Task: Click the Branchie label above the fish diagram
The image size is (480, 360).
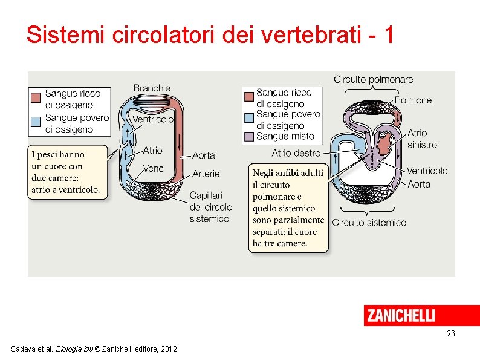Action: pos(152,88)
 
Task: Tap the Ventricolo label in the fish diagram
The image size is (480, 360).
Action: pos(153,119)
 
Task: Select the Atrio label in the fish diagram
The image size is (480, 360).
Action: pos(152,150)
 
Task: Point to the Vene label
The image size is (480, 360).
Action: pos(153,168)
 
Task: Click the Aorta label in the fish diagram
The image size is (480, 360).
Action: pos(203,155)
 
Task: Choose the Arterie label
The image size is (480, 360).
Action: pos(206,174)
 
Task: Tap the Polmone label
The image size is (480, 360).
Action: pos(414,100)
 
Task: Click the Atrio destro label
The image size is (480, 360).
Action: pos(296,154)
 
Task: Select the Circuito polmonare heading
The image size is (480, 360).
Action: pos(373,79)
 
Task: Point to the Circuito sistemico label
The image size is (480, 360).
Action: pos(369,223)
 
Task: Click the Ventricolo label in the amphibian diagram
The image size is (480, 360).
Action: pos(427,171)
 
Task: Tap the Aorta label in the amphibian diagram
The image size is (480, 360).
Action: pos(418,183)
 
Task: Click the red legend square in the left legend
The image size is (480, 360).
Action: pos(36,96)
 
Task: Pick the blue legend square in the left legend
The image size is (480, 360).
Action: pos(36,120)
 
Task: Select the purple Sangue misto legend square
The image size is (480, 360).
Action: pos(248,137)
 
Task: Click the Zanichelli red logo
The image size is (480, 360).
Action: pos(400,315)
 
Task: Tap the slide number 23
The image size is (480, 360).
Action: pos(450,334)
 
